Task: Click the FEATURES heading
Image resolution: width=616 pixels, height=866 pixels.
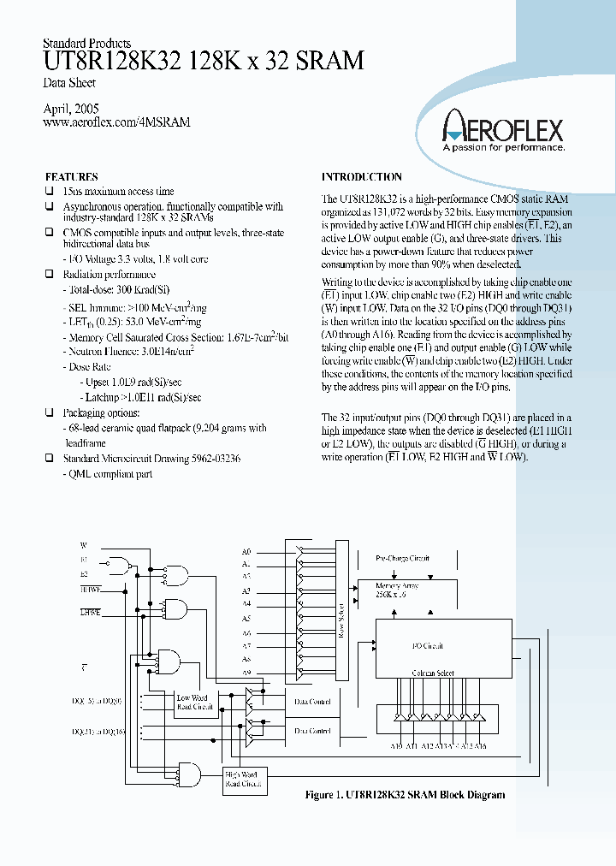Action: tap(71, 177)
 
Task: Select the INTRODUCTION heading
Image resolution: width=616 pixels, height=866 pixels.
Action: tap(361, 177)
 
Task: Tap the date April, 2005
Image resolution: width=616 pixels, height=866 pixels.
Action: tap(71, 109)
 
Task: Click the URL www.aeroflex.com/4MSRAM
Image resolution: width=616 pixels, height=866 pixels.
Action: tap(115, 122)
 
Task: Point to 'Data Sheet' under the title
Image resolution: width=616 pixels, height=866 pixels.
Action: tap(68, 83)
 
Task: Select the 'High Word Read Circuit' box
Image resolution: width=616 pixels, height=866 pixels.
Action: tap(243, 779)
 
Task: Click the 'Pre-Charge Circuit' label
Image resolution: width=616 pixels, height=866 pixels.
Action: tap(403, 558)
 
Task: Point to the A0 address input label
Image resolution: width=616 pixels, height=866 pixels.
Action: tap(246, 551)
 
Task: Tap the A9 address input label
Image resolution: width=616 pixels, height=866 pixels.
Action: tap(246, 673)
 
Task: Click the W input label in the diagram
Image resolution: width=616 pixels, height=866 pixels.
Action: tap(84, 545)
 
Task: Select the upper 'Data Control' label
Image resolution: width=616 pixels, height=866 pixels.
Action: tap(313, 701)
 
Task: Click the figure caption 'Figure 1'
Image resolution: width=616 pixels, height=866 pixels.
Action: tap(405, 795)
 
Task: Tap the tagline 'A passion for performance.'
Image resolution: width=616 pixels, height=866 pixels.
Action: tap(502, 148)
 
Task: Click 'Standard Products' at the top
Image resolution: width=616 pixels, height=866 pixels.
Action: tap(86, 44)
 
